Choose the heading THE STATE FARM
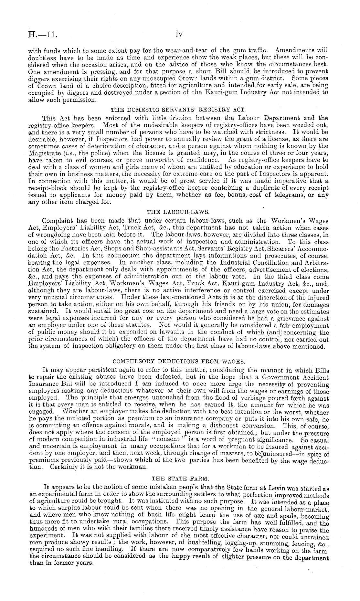[178, 476]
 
